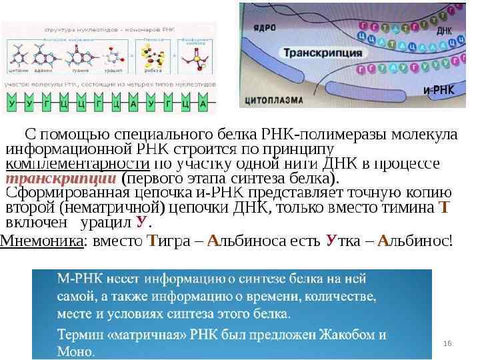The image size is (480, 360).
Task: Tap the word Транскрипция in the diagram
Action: [323, 52]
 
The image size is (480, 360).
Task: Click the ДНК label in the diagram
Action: [444, 31]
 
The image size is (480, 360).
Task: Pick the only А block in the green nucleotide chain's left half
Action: [133, 104]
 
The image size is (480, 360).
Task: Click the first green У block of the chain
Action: [12, 104]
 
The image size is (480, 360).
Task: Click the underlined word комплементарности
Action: [77, 164]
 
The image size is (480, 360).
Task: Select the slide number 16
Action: [447, 343]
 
